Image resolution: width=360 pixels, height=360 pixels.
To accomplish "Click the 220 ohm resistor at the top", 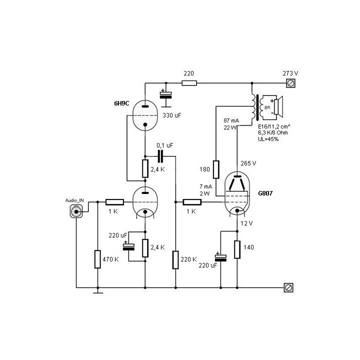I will tap(189, 83).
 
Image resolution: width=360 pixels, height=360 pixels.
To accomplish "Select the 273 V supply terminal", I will tap(288, 83).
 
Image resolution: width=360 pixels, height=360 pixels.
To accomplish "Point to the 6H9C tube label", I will tap(122, 105).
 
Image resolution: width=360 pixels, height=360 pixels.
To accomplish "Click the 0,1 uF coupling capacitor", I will tap(160, 156).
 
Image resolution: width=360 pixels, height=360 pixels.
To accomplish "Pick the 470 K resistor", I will tap(97, 259).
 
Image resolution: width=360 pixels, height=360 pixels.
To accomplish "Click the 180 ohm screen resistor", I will tap(216, 169).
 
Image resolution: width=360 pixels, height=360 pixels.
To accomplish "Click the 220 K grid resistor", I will tap(175, 259).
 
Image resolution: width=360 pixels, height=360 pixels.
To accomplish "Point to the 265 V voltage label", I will tap(248, 163).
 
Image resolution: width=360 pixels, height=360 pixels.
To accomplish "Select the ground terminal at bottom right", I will tap(288, 287).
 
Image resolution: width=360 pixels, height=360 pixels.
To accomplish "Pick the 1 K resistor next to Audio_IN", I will tap(114, 202).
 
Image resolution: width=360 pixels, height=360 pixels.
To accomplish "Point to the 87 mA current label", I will tap(231, 121).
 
